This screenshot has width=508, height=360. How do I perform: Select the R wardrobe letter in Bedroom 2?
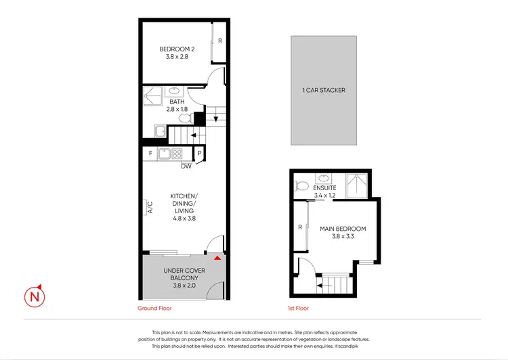click(220, 41)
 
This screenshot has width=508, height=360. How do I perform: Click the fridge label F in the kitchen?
click(150, 154)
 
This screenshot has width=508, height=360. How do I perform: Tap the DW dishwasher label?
click(186, 166)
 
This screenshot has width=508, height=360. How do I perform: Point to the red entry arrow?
click(217, 258)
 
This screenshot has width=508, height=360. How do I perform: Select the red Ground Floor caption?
click(154, 308)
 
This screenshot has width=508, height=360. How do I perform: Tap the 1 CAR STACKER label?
click(324, 90)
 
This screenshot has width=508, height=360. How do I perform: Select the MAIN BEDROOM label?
click(343, 233)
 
